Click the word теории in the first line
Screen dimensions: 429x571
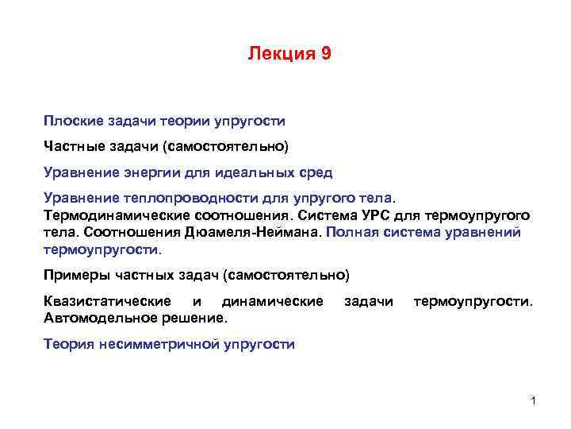188,122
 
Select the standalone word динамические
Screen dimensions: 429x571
272,302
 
